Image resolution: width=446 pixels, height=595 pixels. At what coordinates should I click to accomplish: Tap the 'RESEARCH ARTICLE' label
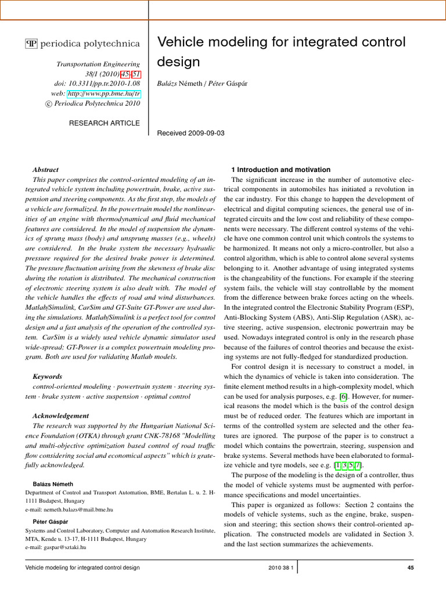[104, 123]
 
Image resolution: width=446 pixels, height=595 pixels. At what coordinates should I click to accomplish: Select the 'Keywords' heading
[48, 377]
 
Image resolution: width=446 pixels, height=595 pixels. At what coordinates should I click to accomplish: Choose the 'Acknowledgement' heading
[61, 416]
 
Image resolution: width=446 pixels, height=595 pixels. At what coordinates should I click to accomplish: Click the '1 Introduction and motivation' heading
[281, 170]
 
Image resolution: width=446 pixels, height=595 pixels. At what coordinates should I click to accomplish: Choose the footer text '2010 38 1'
[282, 567]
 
